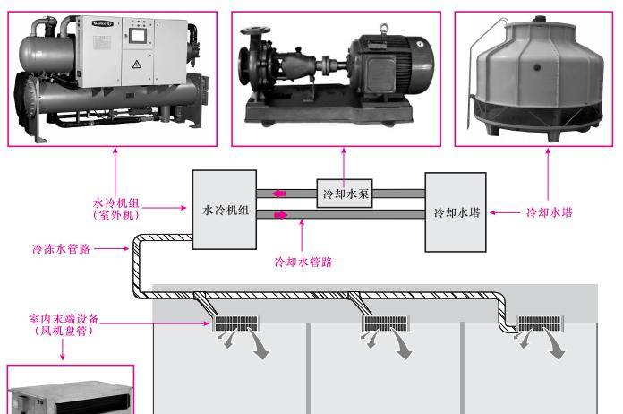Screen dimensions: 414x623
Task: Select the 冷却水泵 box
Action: tap(345, 192)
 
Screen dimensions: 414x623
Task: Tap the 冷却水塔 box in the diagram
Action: tap(457, 212)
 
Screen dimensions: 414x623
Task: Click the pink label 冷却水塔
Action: tap(549, 212)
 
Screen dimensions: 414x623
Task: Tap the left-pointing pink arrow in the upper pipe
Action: tap(282, 193)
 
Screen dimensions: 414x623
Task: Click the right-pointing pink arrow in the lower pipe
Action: tap(282, 214)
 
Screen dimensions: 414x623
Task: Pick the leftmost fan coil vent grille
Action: tap(234, 323)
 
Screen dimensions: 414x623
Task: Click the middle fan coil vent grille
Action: tap(386, 323)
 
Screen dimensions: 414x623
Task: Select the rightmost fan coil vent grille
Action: tap(540, 323)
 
